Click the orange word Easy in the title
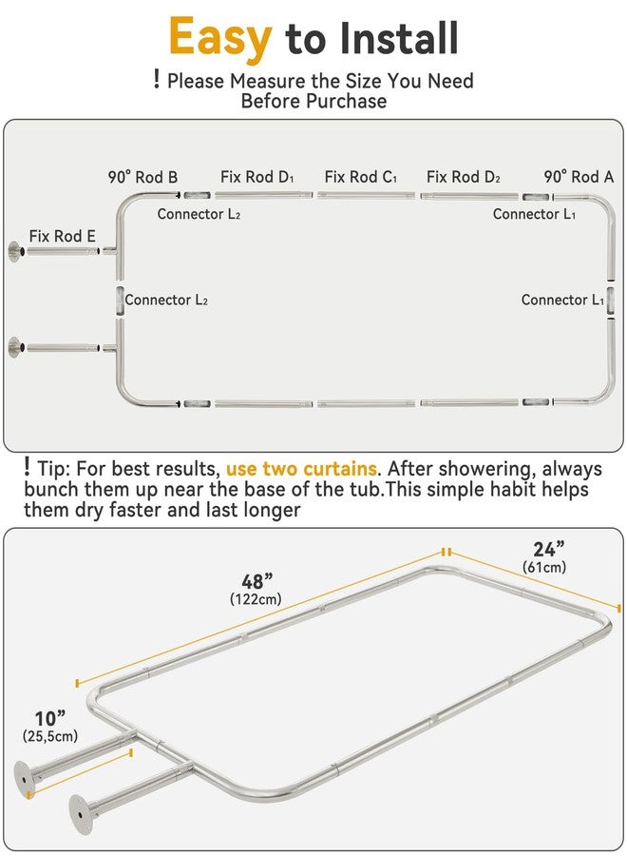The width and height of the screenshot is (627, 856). pyautogui.click(x=220, y=38)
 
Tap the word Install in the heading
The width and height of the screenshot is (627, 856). pyautogui.click(x=399, y=38)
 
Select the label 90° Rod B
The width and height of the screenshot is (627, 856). pyautogui.click(x=142, y=177)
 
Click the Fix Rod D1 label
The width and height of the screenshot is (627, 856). pyautogui.click(x=257, y=177)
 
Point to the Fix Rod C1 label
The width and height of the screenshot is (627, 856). pyautogui.click(x=360, y=177)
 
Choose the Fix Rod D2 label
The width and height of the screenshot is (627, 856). pyautogui.click(x=464, y=177)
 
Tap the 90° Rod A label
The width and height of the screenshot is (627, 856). pyautogui.click(x=579, y=177)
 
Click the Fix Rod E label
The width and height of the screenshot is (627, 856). pyautogui.click(x=62, y=236)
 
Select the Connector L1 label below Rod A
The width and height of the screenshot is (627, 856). pyautogui.click(x=534, y=214)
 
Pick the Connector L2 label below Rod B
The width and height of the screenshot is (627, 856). pyautogui.click(x=199, y=214)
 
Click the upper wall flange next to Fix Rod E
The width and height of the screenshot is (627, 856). pyautogui.click(x=14, y=251)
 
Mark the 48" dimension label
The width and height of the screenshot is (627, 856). pyautogui.click(x=256, y=581)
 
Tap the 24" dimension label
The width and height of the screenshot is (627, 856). pyautogui.click(x=548, y=549)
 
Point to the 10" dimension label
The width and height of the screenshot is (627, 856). pyautogui.click(x=49, y=718)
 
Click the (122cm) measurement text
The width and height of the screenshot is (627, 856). pyautogui.click(x=256, y=599)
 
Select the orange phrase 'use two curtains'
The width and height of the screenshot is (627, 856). pyautogui.click(x=301, y=469)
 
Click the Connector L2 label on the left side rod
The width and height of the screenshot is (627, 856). pyautogui.click(x=166, y=300)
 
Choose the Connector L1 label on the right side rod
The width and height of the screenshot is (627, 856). pyautogui.click(x=562, y=300)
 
